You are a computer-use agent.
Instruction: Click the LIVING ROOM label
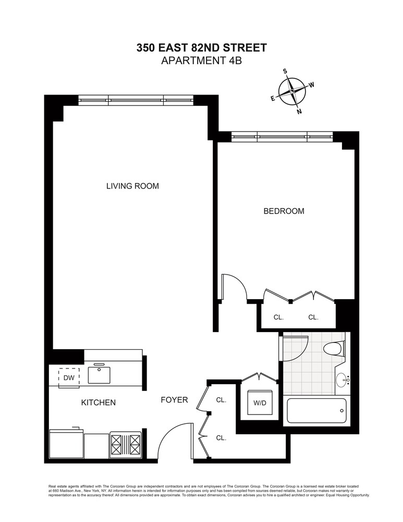pos(132,186)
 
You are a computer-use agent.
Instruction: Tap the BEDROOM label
pos(284,211)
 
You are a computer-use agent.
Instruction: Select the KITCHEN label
pos(99,402)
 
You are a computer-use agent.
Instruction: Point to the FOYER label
pos(174,400)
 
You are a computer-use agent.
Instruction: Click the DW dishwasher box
pos(69,378)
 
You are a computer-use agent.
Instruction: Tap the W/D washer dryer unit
pos(260,403)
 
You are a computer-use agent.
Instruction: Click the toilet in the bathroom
pos(334,348)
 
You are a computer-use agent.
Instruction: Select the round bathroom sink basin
pos(342,379)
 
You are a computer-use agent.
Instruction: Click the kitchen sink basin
pos(100,375)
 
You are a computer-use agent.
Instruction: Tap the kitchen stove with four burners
pos(126,446)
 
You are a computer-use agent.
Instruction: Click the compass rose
pos(292,91)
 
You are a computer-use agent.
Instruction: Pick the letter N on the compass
pos(299,112)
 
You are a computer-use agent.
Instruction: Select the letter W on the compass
pos(312,85)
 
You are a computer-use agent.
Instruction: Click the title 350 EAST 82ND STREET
pos(201,48)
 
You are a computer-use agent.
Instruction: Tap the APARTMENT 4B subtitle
pos(201,61)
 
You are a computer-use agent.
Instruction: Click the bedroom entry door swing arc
pos(239,283)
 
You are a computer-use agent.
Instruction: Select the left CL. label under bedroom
pos(278,317)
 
